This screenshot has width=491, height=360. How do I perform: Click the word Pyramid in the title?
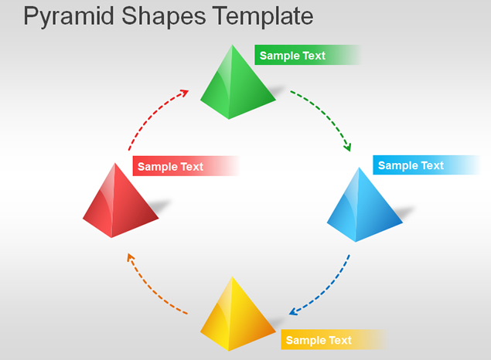69,17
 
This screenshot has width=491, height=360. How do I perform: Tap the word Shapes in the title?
163,17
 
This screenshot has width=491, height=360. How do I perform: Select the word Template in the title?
263,15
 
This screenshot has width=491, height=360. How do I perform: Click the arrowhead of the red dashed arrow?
184,93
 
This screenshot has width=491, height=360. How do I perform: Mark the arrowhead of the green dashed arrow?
348,147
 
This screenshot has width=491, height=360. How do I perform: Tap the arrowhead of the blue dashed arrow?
293,311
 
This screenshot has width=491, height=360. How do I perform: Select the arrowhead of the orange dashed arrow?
130,258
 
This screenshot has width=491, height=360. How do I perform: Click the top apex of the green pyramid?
232,45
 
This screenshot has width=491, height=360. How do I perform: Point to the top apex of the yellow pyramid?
232,277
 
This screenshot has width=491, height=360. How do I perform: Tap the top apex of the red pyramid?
115,163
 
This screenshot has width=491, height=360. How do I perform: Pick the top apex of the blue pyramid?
360,168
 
